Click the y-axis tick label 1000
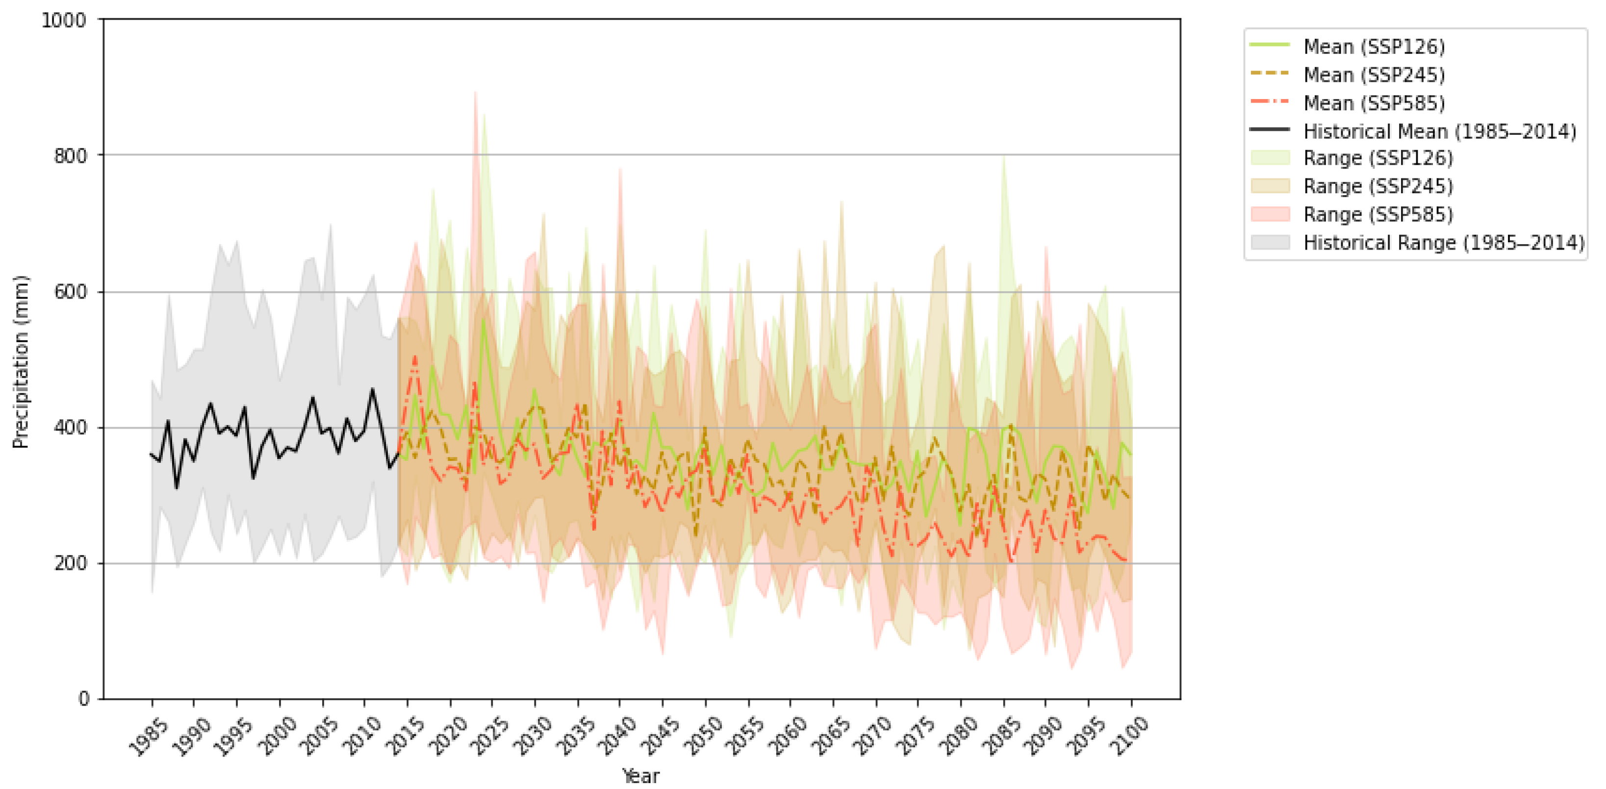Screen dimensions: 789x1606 click(x=64, y=20)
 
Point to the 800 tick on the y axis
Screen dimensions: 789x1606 click(x=70, y=155)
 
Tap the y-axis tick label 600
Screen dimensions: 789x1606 click(x=70, y=292)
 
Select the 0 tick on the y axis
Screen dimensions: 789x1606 click(x=83, y=699)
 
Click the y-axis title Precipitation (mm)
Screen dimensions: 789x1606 click(x=21, y=361)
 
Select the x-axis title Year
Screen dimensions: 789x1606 click(x=640, y=776)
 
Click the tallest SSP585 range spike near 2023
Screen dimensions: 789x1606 click(x=475, y=94)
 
